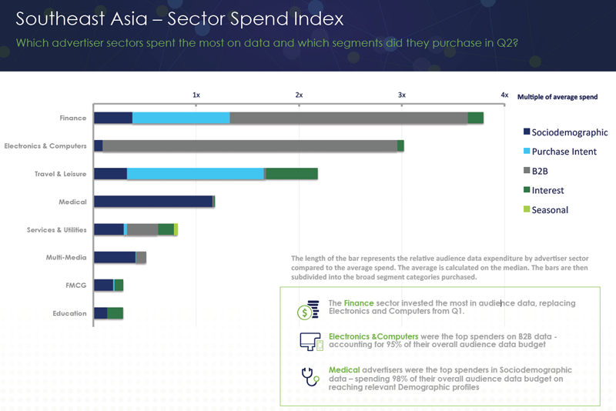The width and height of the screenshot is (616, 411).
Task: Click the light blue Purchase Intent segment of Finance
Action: point(181,118)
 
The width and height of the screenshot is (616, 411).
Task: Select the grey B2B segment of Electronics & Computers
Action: point(249,145)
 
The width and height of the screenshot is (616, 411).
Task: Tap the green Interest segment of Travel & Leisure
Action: point(292,174)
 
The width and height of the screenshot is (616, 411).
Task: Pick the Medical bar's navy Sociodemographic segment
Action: point(153,202)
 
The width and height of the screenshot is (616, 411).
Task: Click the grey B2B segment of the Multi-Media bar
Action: point(141,257)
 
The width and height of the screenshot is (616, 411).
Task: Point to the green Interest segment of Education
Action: point(115,312)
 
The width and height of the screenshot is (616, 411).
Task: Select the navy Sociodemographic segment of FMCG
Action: point(103,285)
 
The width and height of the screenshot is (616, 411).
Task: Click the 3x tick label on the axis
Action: point(401,95)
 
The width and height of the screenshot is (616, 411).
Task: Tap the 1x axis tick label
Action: point(196,95)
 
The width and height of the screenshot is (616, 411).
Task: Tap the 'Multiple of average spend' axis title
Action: point(557,97)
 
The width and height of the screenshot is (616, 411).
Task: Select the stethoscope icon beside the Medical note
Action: point(309,377)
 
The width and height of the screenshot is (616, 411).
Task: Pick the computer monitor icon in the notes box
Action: point(310,342)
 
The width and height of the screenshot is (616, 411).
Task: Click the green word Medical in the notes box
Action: point(344,369)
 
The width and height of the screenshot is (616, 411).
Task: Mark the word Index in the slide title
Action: point(316,18)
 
